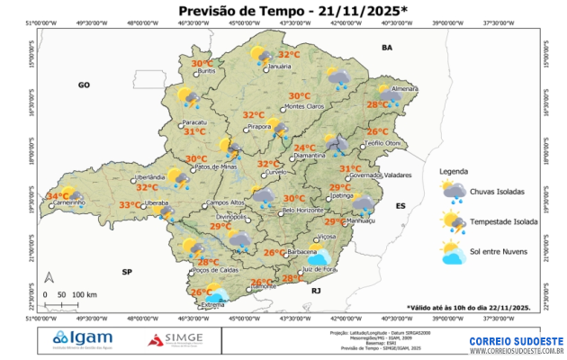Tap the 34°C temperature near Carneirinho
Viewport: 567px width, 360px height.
point(58,195)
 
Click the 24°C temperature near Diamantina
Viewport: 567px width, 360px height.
point(304,148)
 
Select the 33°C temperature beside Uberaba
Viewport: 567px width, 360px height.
point(130,205)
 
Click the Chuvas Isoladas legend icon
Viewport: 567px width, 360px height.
point(453,191)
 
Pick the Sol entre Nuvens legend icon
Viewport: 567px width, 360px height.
point(453,251)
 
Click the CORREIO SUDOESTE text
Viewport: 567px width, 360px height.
point(516,341)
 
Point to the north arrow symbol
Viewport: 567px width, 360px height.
point(49,278)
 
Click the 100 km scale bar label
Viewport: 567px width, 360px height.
point(85,294)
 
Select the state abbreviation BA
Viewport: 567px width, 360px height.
point(388,47)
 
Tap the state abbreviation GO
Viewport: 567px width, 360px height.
point(84,85)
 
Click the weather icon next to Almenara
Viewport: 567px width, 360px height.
point(390,94)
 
